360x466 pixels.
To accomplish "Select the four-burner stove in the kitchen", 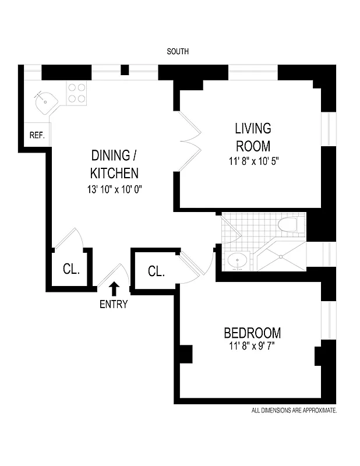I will click(x=76, y=93).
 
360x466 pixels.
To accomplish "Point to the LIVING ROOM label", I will click(x=253, y=137).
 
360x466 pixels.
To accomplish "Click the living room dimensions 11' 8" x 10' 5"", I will click(x=254, y=161).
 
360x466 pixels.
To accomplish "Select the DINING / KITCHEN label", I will click(x=114, y=164).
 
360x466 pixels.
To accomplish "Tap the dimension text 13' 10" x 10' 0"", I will click(x=114, y=189).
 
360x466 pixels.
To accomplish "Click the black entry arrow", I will click(x=114, y=288).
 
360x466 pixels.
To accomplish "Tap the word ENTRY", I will click(x=114, y=304).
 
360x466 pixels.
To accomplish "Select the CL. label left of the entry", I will click(x=71, y=271).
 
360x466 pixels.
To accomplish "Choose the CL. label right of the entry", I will click(x=156, y=271).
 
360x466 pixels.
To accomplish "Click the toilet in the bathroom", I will click(x=291, y=224).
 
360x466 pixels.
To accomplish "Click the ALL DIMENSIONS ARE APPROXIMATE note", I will click(x=294, y=411).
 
